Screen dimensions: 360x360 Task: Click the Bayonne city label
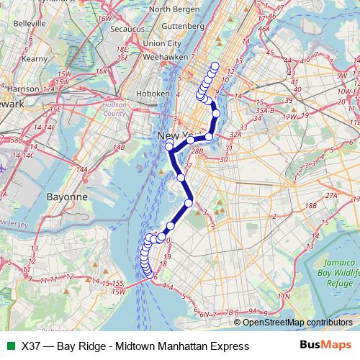point(66,196)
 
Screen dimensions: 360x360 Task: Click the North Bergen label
point(171,9)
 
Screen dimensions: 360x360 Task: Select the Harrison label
point(24,89)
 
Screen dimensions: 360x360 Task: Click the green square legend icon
point(9,346)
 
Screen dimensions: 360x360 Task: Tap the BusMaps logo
point(326,346)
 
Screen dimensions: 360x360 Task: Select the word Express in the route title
point(229,346)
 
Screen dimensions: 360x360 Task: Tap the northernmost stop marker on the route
point(215,66)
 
